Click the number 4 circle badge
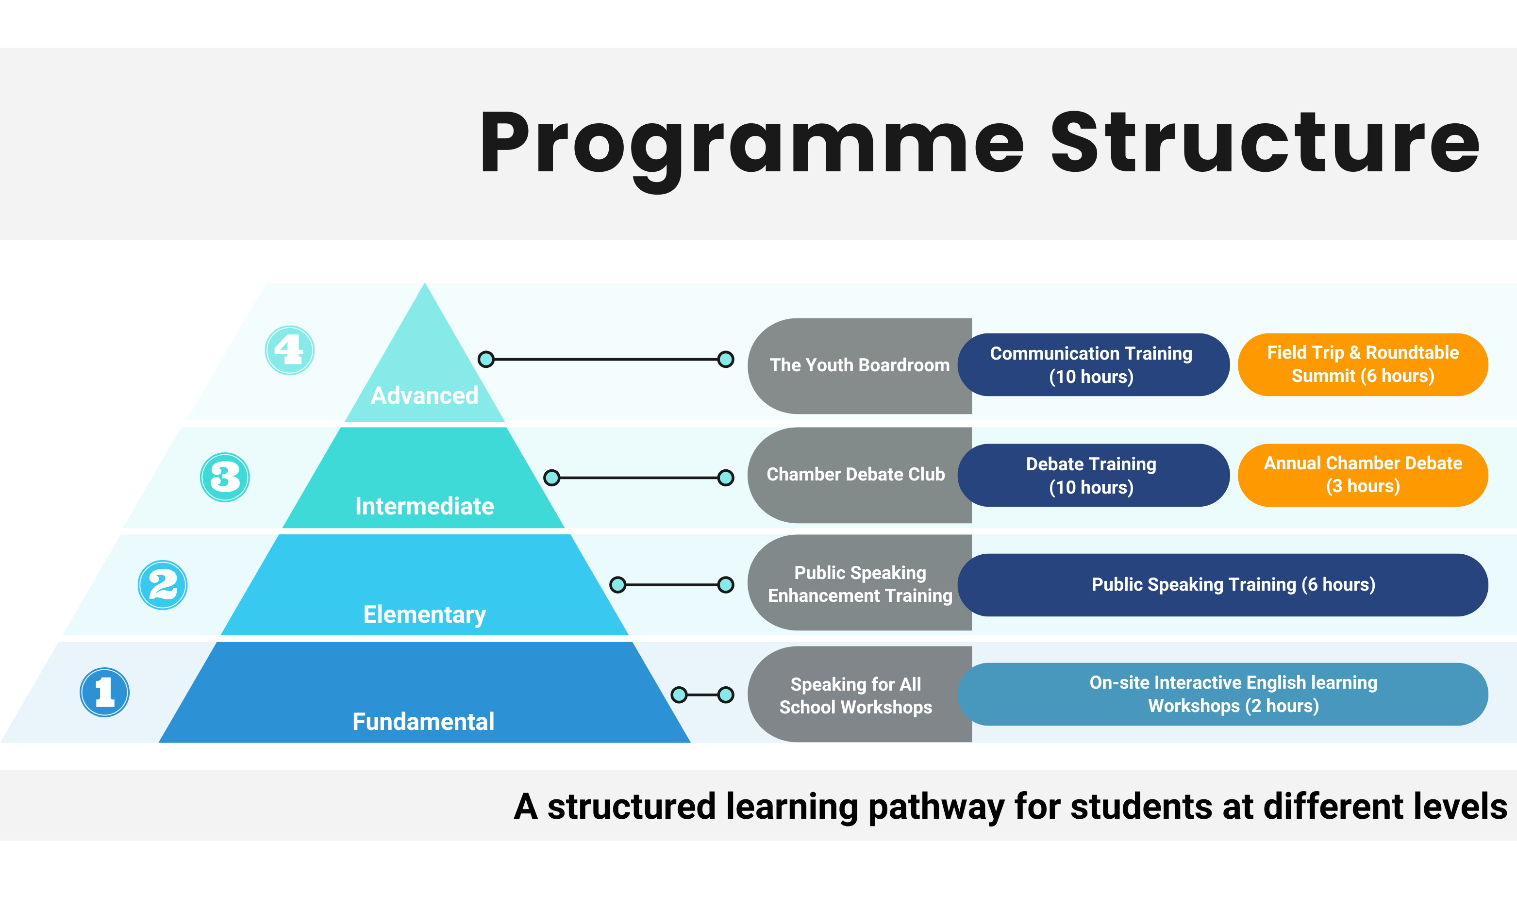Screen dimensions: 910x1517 289,350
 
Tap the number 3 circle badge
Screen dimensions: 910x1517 225,477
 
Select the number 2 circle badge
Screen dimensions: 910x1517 163,584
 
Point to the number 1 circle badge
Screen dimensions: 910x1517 105,692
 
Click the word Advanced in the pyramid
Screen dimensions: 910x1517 424,396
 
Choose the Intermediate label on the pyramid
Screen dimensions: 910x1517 424,506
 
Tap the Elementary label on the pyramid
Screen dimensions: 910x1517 424,614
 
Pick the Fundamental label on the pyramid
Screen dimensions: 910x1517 423,721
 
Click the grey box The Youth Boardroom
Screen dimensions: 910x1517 858,365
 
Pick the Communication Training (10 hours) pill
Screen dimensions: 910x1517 1091,365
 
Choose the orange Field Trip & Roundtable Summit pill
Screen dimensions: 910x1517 1363,364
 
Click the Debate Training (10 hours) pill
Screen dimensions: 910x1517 1091,475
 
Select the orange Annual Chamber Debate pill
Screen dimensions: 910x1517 1363,475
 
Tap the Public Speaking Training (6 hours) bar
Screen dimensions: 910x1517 1233,584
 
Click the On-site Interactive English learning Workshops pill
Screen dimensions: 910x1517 1233,694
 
